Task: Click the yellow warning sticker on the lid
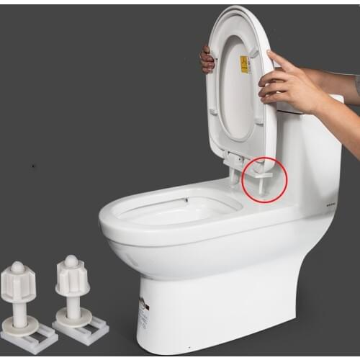[x=244, y=64]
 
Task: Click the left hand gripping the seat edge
[x=207, y=60]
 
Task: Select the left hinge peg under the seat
[x=233, y=176]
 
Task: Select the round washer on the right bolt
[x=73, y=315]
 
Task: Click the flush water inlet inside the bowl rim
[x=186, y=199]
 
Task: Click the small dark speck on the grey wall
[x=33, y=166]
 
